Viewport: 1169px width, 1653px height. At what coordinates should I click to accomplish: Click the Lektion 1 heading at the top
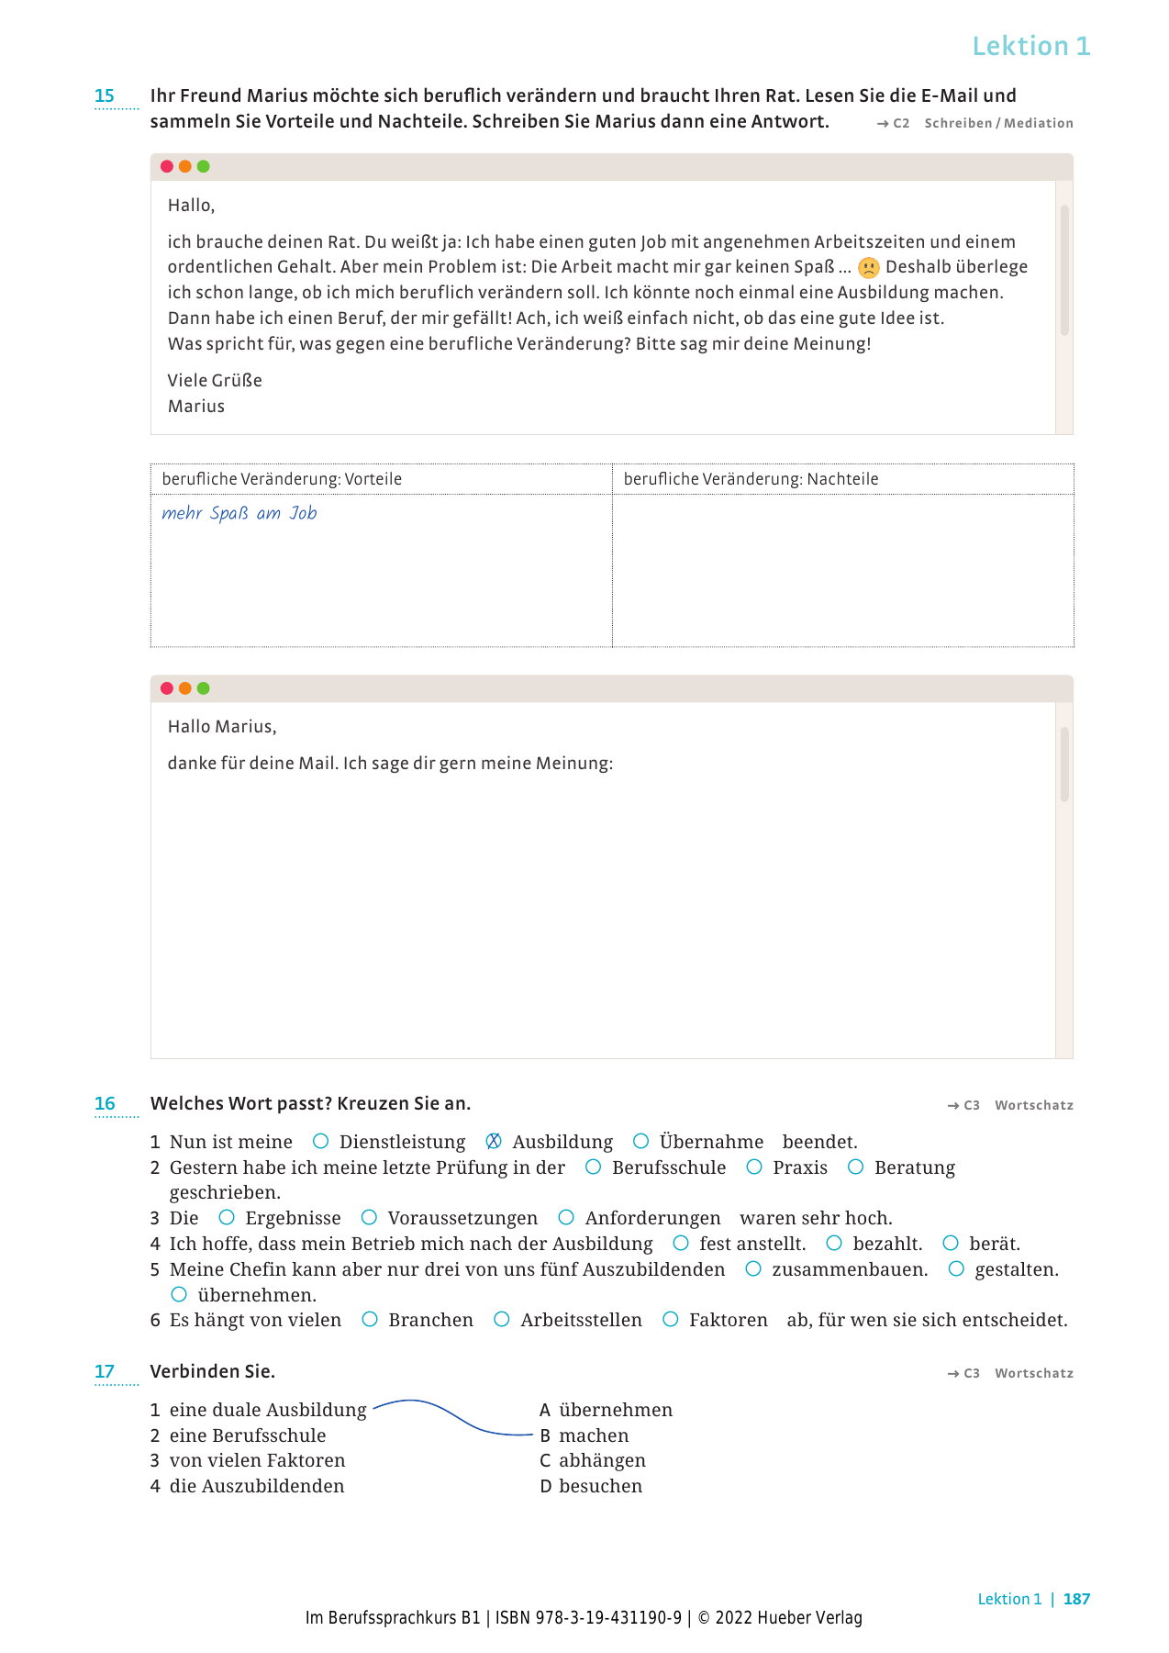tap(1030, 46)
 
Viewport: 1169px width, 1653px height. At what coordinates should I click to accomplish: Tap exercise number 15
tap(105, 95)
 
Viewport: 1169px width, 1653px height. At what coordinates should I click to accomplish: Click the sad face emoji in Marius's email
tap(868, 268)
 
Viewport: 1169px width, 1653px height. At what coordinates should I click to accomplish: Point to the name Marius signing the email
tap(195, 406)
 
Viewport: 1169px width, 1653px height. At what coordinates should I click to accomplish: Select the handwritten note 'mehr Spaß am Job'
tap(239, 513)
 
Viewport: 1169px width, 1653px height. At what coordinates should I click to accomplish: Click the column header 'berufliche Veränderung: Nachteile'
tap(750, 479)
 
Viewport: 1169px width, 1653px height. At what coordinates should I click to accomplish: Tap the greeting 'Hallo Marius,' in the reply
tap(221, 726)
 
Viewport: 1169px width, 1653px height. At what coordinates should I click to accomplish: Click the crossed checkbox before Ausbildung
tap(494, 1141)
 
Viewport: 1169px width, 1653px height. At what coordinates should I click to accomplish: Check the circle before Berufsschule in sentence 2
tap(594, 1167)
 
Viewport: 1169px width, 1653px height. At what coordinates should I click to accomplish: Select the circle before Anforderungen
tap(566, 1217)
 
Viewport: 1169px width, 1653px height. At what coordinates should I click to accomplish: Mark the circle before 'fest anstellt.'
tap(681, 1243)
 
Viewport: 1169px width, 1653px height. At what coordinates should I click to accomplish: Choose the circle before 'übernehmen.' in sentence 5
tap(179, 1294)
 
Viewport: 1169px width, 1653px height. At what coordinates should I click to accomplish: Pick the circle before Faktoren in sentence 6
tap(671, 1319)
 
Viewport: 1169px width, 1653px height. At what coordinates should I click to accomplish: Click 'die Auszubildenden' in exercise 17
tap(256, 1486)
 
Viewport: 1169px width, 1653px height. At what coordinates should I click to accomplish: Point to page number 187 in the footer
tap(1076, 1599)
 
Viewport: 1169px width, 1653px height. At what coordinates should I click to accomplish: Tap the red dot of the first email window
tap(167, 166)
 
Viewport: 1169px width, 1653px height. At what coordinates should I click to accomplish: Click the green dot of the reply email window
tap(204, 688)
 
